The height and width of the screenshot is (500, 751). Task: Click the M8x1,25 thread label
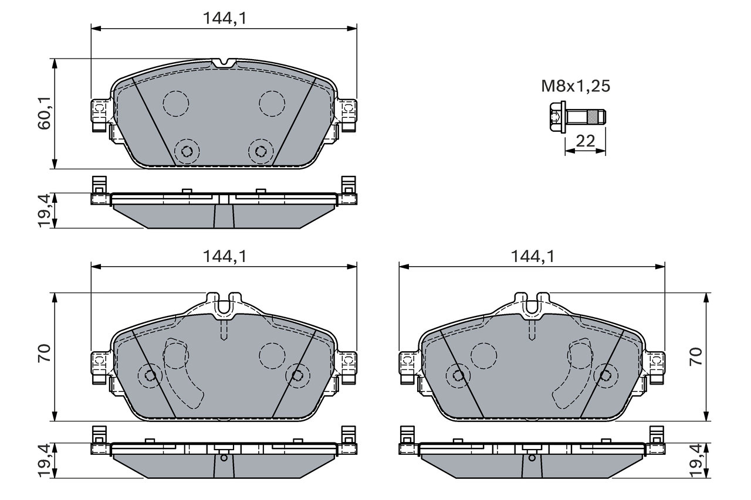click(575, 87)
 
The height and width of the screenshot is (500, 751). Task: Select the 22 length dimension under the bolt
click(585, 141)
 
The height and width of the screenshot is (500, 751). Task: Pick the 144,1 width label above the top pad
click(224, 18)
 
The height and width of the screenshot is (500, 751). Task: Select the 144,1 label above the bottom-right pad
click(532, 256)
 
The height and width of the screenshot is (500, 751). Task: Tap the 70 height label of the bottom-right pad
click(696, 357)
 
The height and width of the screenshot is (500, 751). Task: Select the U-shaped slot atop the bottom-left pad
click(224, 304)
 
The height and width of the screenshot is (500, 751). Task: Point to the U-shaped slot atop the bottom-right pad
click(532, 304)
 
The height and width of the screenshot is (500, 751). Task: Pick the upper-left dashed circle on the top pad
click(175, 103)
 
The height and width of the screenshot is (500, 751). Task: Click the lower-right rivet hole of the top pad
click(260, 151)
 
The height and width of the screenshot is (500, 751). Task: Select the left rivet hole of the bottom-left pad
click(150, 375)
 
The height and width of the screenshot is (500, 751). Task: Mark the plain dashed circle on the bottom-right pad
click(483, 353)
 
